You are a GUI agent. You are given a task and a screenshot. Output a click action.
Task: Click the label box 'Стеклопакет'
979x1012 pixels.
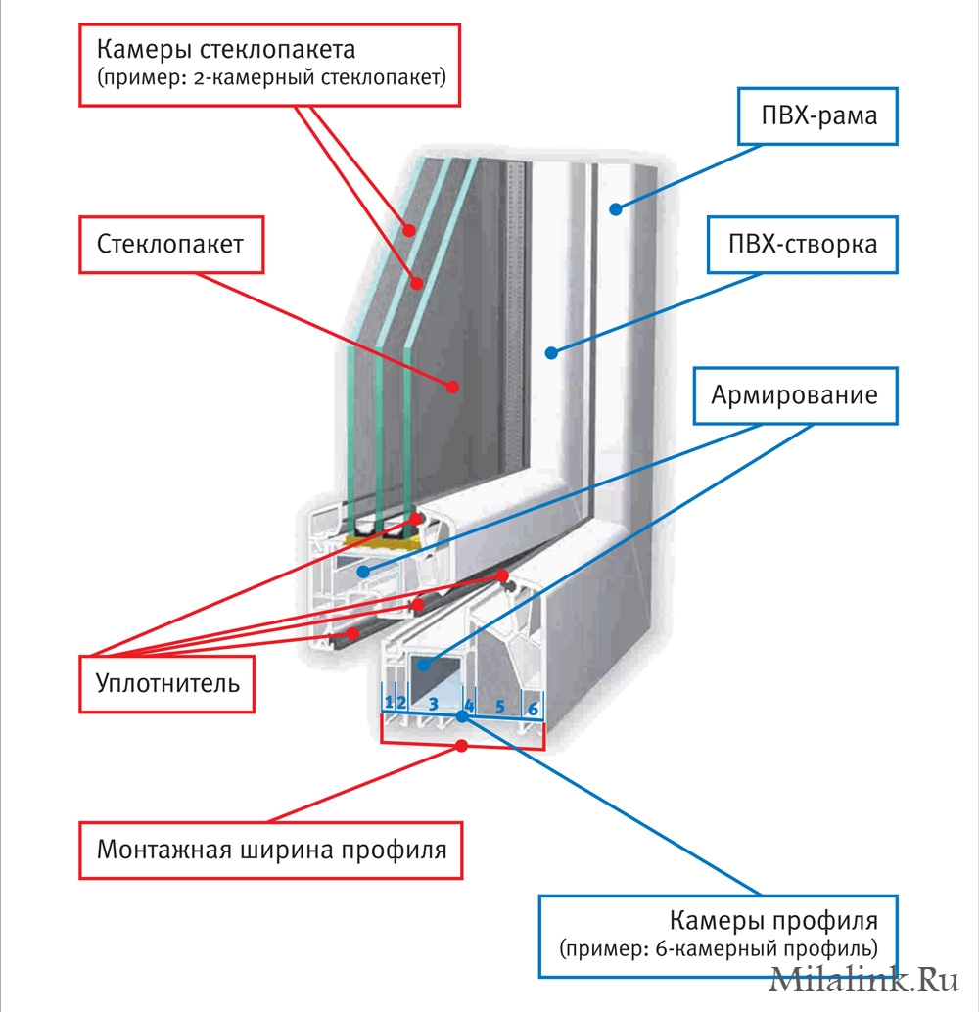click(170, 244)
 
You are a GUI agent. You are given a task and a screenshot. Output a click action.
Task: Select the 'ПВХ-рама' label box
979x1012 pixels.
click(818, 116)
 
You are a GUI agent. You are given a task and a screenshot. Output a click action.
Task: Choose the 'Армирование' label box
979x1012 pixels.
click(795, 396)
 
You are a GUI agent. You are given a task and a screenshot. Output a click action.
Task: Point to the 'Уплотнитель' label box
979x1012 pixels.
click(167, 682)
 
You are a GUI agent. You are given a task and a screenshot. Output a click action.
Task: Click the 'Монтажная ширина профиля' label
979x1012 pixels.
click(271, 849)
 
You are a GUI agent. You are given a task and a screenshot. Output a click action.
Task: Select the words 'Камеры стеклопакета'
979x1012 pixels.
click(225, 49)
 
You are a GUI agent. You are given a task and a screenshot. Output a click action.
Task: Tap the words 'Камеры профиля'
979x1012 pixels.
click(773, 921)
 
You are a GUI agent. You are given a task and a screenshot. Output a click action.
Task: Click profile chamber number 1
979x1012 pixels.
click(389, 702)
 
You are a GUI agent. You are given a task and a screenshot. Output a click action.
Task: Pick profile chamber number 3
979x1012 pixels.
click(432, 704)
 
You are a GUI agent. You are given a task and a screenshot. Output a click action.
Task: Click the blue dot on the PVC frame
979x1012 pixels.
click(617, 207)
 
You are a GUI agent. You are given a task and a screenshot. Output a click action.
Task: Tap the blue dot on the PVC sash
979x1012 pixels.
click(552, 352)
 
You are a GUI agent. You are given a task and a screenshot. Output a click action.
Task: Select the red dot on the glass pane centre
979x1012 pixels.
click(453, 386)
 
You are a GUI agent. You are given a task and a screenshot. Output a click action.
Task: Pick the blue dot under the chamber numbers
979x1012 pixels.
click(462, 717)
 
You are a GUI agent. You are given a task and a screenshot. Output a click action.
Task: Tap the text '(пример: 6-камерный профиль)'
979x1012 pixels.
click(720, 948)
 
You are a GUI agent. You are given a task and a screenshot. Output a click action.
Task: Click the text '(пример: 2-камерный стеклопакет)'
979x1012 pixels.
click(271, 77)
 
